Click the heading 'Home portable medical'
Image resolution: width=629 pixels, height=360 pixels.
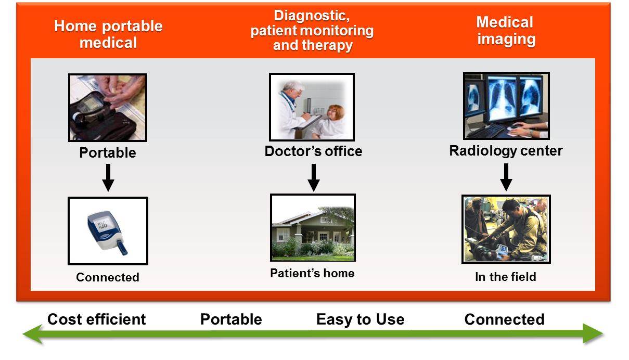tap(108, 34)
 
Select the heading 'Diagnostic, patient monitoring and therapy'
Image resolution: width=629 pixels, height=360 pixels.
tap(312, 30)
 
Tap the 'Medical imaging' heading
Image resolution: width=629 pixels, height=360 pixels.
tap(505, 31)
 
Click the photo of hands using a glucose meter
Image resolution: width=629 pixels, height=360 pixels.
tap(108, 108)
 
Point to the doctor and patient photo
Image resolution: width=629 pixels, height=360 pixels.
tap(312, 107)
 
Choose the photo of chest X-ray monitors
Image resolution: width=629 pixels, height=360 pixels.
tap(506, 106)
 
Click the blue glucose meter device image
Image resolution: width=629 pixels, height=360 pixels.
tap(108, 231)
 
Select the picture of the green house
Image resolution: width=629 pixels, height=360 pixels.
tap(313, 228)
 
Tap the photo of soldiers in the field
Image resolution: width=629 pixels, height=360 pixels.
tap(506, 229)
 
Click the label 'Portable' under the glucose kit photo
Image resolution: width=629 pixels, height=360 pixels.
tap(108, 153)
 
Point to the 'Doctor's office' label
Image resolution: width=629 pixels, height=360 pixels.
tap(313, 151)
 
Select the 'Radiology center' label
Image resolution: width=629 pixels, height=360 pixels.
tap(506, 151)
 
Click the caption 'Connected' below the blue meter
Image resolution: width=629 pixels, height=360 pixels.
tap(108, 277)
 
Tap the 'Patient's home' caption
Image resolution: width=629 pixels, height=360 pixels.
tap(312, 273)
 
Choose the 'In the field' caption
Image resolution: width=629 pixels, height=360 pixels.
tap(505, 277)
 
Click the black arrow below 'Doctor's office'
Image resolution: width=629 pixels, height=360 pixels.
tap(313, 178)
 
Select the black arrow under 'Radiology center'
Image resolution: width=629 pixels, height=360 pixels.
tap(506, 177)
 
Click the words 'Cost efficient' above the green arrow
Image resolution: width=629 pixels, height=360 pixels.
tap(97, 319)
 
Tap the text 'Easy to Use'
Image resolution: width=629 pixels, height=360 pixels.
tap(360, 319)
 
